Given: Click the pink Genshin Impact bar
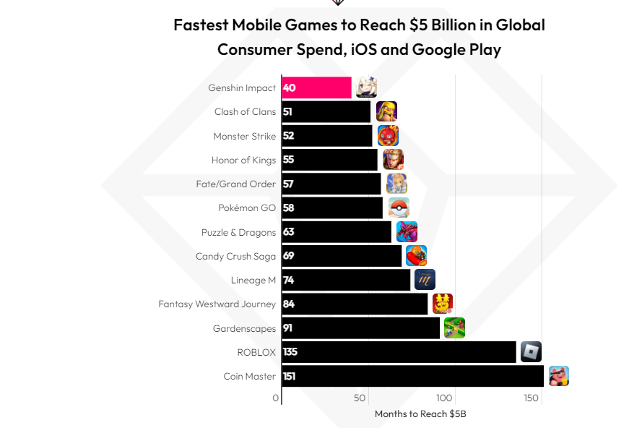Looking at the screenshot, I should pyautogui.click(x=316, y=87).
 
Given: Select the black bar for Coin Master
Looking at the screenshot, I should pyautogui.click(x=412, y=376).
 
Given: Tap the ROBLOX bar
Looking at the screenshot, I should pyautogui.click(x=399, y=352).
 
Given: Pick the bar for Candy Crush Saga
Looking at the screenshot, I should pyautogui.click(x=342, y=256).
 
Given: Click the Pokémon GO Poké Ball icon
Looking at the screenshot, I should pyautogui.click(x=399, y=207).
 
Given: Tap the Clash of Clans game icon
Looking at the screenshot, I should pyautogui.click(x=386, y=111).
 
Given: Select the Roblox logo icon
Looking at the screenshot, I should pyautogui.click(x=531, y=352).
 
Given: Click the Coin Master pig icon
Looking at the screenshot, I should pyautogui.click(x=558, y=376).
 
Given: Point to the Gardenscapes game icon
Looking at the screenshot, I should pyautogui.click(x=454, y=328).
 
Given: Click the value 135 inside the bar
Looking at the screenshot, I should pyautogui.click(x=290, y=352).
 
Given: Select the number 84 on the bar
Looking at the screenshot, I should pyautogui.click(x=288, y=304).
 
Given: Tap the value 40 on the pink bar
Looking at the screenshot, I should pyautogui.click(x=289, y=87).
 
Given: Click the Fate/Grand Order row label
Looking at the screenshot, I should pyautogui.click(x=235, y=184).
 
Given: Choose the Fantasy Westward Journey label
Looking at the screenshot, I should pyautogui.click(x=217, y=304).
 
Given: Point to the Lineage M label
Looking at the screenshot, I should pyautogui.click(x=253, y=280).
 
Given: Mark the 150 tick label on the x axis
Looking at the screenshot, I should pyautogui.click(x=532, y=398).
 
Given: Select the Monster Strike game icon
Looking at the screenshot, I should pyautogui.click(x=388, y=135).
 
